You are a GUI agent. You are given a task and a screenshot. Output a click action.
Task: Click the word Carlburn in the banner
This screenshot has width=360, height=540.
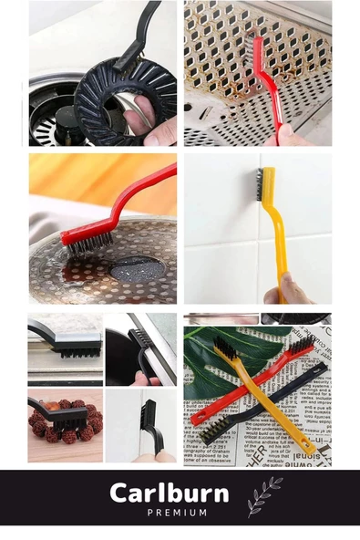coord(170,493)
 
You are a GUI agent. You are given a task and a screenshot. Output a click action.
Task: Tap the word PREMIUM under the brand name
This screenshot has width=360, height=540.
coord(177,513)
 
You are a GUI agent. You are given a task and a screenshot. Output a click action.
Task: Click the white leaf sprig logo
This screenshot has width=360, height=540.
coord(264,496)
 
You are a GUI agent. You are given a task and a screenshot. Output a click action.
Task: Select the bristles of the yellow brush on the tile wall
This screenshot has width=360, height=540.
coord(259,184)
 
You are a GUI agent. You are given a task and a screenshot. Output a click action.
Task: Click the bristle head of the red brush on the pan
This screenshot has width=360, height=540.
coord(87,240)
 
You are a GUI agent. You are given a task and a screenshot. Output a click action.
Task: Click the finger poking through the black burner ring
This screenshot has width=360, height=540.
coord(137,110)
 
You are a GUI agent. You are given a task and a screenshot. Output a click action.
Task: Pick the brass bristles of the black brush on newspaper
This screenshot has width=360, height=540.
coord(214,428)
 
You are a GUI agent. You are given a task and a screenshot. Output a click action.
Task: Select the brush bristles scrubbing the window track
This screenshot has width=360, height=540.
coord(77,353)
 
